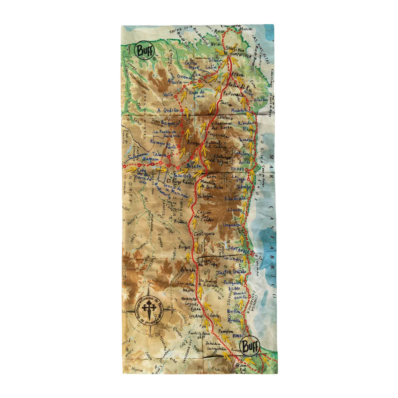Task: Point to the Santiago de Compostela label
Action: (x=237, y=52)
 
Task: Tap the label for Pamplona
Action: (x=226, y=331)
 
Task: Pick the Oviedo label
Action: (x=238, y=169)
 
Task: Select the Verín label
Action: (x=168, y=95)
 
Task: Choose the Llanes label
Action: (x=234, y=210)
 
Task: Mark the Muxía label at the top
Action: (x=246, y=29)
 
